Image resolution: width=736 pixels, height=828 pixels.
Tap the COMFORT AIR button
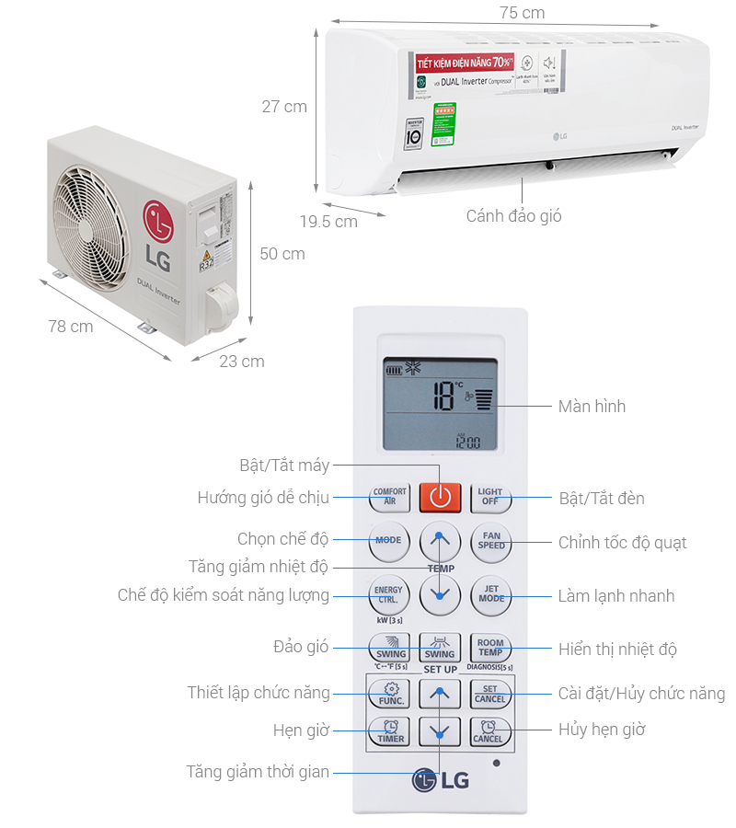[389, 498]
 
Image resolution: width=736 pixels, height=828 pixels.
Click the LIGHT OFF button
[490, 498]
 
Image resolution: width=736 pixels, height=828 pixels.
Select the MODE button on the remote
[388, 540]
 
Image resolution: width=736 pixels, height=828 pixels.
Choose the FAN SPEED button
[491, 540]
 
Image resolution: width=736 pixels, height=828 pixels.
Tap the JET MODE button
[491, 596]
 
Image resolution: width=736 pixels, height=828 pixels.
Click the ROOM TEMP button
[490, 647]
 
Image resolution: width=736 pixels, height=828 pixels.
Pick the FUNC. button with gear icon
[390, 693]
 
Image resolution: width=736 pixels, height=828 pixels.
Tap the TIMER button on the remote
[390, 732]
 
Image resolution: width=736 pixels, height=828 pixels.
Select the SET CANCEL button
[489, 694]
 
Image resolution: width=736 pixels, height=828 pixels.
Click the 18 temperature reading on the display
[443, 397]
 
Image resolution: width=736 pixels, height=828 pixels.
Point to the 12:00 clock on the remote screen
[469, 442]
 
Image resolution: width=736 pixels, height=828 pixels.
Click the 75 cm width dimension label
[522, 13]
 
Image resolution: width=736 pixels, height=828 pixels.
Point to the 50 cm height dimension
[282, 253]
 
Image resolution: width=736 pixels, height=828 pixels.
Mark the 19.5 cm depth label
[328, 221]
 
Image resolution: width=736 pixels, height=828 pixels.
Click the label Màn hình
[592, 406]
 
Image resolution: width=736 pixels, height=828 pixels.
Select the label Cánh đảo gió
[513, 216]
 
